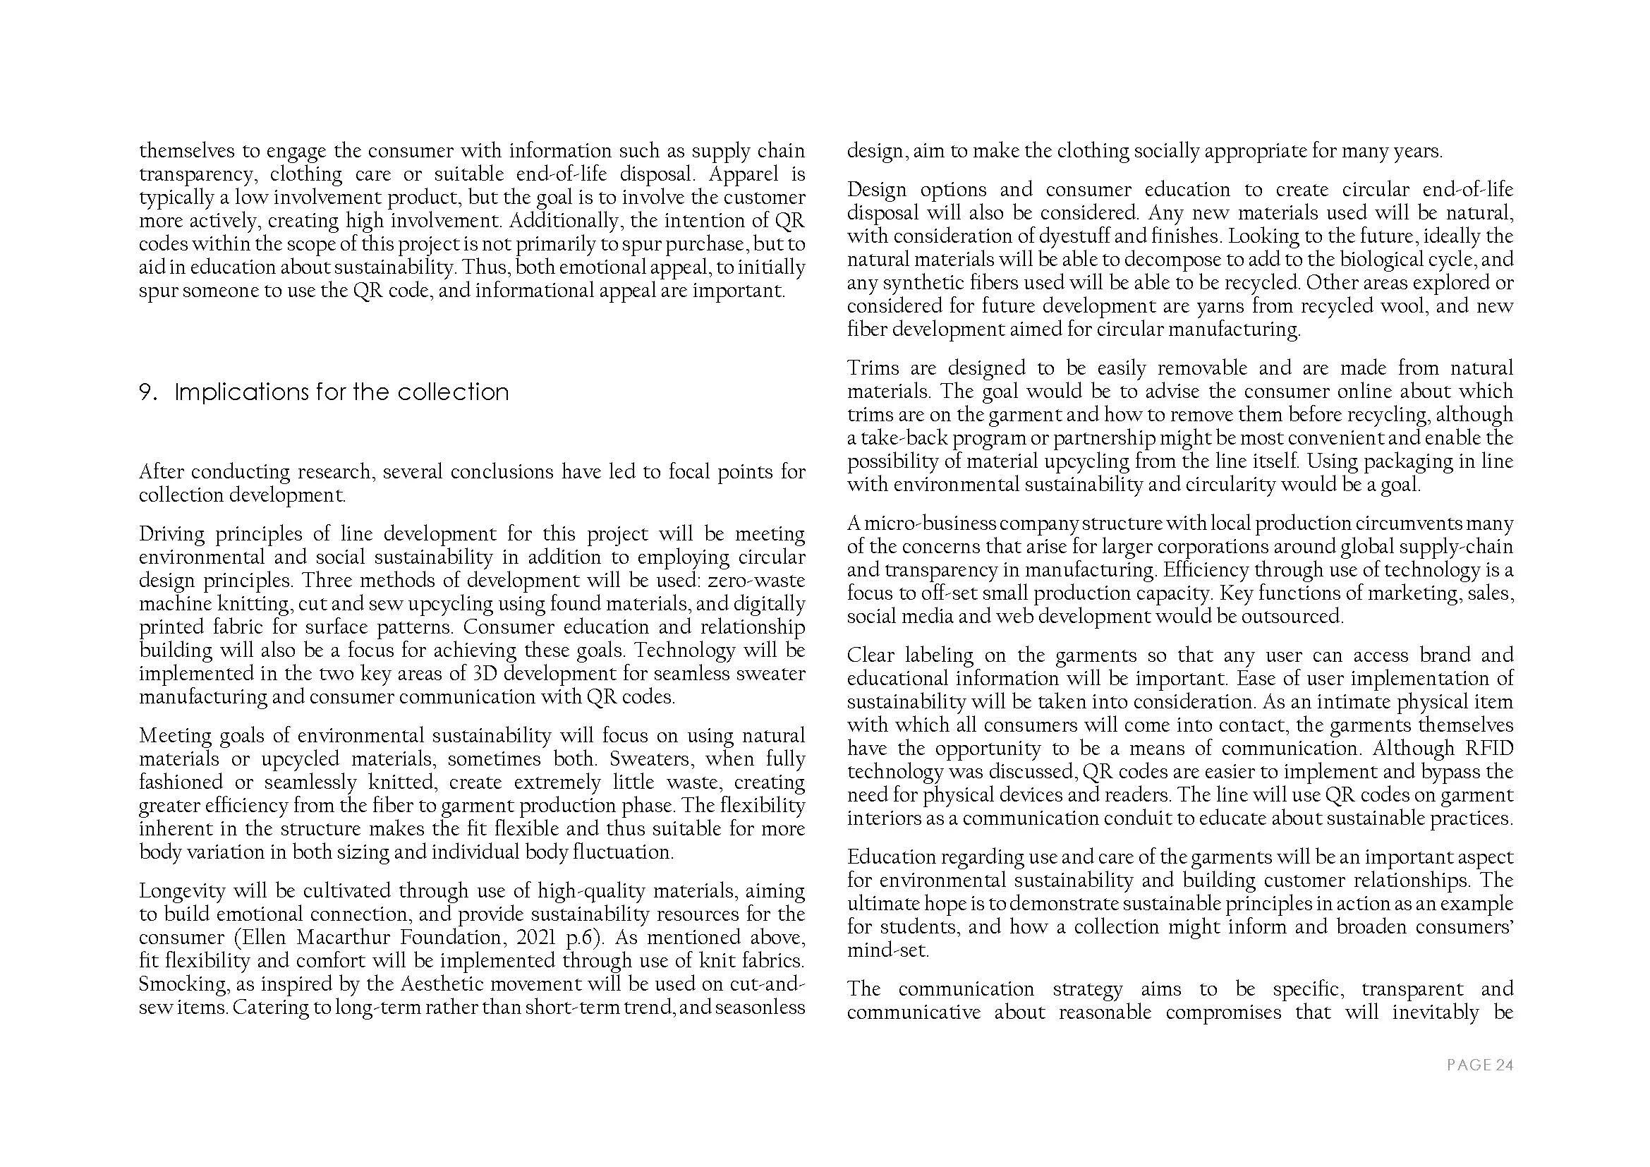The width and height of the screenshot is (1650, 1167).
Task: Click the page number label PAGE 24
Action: [1480, 1065]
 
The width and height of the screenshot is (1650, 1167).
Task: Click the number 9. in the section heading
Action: [147, 392]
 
